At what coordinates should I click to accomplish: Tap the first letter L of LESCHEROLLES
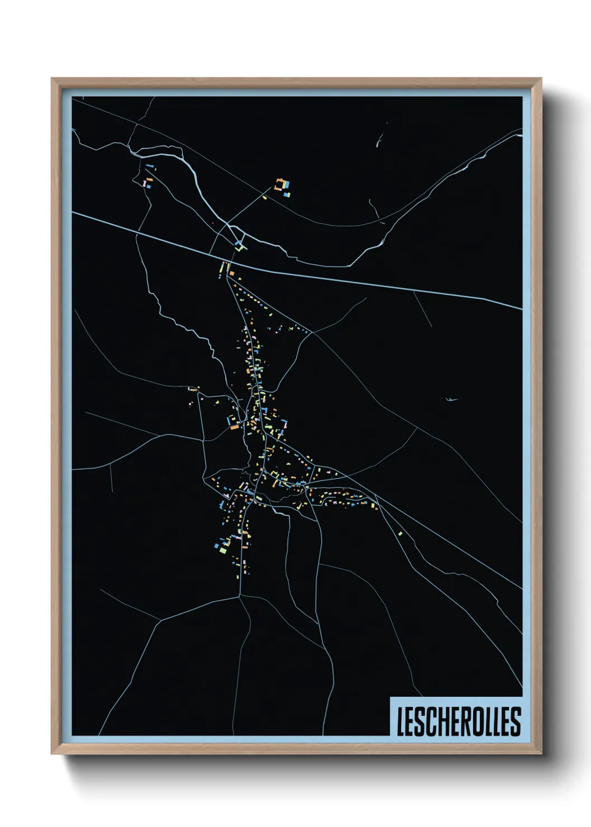coord(400,721)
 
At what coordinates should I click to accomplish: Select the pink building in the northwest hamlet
coord(145,183)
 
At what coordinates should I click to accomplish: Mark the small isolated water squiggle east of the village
coord(449,399)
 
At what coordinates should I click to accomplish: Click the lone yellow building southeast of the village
coord(401,534)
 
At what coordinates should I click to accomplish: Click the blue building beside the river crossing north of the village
coord(239,244)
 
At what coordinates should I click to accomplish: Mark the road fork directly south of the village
coord(240,596)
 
